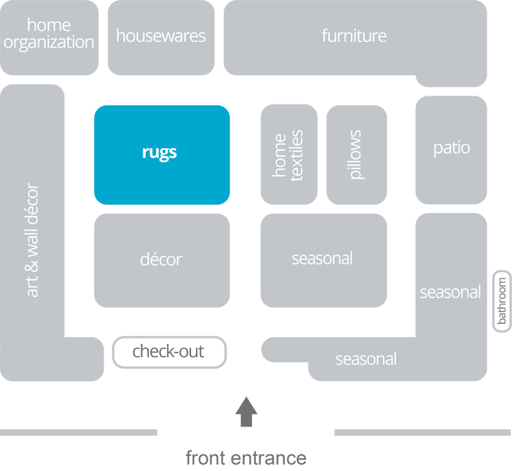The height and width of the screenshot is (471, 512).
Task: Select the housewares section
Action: point(161,37)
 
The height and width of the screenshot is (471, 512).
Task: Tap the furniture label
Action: point(354,35)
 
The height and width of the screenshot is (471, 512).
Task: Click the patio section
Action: point(451,149)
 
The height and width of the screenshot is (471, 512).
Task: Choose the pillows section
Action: point(356,155)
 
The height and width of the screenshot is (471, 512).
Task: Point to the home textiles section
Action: point(289,155)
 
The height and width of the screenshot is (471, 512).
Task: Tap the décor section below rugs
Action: point(162,260)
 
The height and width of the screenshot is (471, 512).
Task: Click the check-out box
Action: point(169,352)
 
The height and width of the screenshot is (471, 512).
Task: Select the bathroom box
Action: point(502,302)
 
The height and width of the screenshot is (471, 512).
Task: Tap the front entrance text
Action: point(246,457)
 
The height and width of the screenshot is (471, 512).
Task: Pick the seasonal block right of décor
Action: point(323,259)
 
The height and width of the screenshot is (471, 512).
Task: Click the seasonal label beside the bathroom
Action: point(450,292)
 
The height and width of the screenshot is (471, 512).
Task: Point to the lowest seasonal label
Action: point(366,359)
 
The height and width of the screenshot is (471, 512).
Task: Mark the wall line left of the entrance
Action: point(79,432)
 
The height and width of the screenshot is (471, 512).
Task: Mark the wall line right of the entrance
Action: point(422,432)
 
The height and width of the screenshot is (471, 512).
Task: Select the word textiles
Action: point(297,155)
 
